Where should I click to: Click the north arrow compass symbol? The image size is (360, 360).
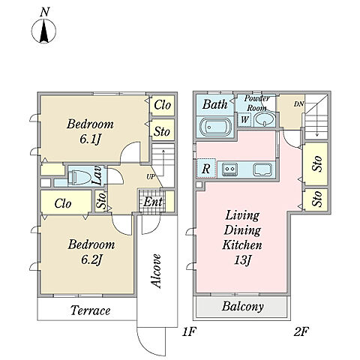43,31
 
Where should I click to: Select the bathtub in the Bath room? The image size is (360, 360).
216,127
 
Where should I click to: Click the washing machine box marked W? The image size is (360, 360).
244,119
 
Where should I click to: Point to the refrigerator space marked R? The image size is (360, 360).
206,169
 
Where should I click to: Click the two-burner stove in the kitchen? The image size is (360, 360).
229,169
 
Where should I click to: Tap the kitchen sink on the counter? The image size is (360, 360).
262,169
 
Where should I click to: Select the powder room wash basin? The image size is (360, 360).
265,119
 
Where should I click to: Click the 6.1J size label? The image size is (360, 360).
91,139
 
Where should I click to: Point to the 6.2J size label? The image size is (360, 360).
91,259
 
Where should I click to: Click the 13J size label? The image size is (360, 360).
242,260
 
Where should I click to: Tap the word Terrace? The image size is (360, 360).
90,310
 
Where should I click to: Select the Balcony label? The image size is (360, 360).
242,307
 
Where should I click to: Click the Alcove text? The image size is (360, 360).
157,271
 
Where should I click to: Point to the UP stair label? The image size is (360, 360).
151,177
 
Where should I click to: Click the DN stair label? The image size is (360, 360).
298,104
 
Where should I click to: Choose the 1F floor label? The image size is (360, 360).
188,332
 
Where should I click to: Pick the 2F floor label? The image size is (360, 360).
301,332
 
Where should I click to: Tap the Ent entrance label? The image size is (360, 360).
153,202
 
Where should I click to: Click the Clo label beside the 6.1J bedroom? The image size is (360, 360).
163,105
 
